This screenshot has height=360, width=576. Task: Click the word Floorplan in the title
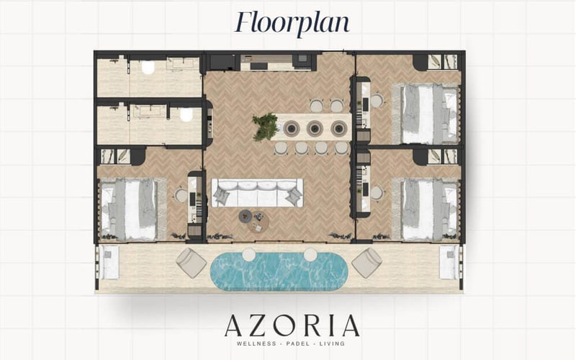tap(292, 22)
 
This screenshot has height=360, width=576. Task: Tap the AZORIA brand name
tap(292, 326)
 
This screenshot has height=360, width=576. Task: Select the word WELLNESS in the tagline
tap(256, 344)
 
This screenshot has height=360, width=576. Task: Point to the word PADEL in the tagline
tap(292, 344)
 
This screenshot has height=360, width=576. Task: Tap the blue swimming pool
tap(279, 271)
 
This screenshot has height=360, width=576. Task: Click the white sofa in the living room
tap(257, 193)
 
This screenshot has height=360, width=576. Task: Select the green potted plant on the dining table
tap(264, 127)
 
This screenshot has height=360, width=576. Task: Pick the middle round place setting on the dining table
tap(315, 128)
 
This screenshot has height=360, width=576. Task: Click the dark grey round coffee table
tap(246, 216)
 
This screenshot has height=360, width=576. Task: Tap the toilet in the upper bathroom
tap(148, 67)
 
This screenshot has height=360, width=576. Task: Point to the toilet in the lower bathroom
tap(186, 114)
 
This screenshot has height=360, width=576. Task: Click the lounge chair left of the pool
tap(191, 262)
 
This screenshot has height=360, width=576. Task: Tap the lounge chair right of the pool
tap(366, 262)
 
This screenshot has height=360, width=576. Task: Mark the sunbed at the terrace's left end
tap(108, 262)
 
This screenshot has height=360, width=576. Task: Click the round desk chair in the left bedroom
tap(181, 195)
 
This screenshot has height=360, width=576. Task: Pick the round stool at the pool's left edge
tap(248, 254)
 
